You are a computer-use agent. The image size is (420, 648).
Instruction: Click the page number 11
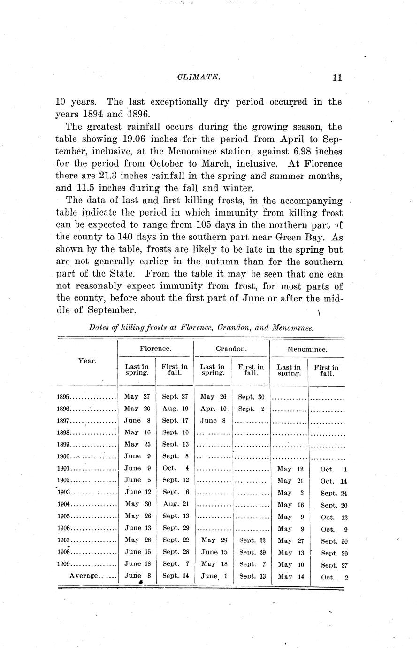[336, 78]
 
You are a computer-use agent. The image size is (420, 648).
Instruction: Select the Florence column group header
[155, 349]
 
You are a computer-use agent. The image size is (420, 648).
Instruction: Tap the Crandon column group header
[231, 349]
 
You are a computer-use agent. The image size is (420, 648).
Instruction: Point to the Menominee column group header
[307, 350]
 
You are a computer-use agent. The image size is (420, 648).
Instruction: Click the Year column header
[87, 361]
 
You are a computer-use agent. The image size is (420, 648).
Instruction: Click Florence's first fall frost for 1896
[175, 409]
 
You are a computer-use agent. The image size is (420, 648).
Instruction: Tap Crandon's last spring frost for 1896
[214, 409]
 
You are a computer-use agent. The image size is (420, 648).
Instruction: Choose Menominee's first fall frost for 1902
[334, 481]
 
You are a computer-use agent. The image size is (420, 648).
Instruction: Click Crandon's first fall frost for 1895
[251, 397]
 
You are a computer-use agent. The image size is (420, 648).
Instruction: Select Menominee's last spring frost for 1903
[291, 493]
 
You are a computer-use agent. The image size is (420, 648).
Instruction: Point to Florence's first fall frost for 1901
[176, 468]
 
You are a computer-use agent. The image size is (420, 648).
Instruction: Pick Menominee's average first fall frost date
[334, 578]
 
